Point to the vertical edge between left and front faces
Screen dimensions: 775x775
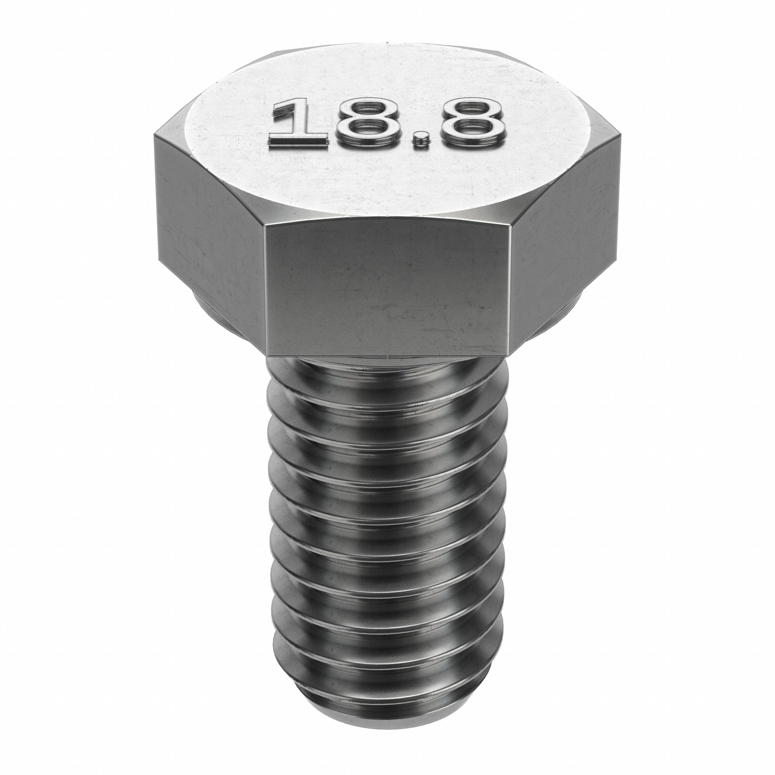[265, 289]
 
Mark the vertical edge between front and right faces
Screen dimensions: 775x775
[510, 289]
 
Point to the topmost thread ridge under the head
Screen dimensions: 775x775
[387, 375]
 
